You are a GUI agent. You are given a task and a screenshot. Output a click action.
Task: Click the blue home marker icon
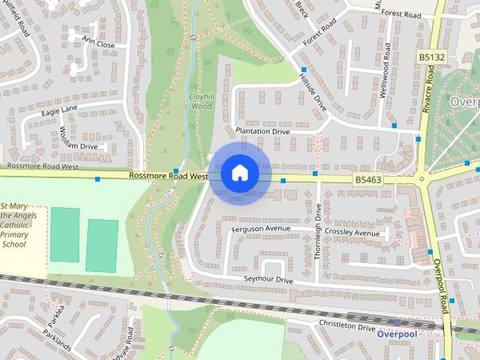click(x=238, y=172)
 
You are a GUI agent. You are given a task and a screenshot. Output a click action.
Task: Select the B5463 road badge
click(x=367, y=180)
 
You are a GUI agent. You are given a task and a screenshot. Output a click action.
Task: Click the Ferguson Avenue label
click(x=261, y=228)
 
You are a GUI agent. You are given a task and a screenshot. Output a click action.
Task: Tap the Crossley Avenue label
click(x=356, y=233)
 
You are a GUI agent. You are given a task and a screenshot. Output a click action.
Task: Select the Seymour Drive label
click(x=268, y=279)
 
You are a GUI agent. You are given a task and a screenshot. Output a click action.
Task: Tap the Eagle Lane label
click(x=59, y=109)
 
